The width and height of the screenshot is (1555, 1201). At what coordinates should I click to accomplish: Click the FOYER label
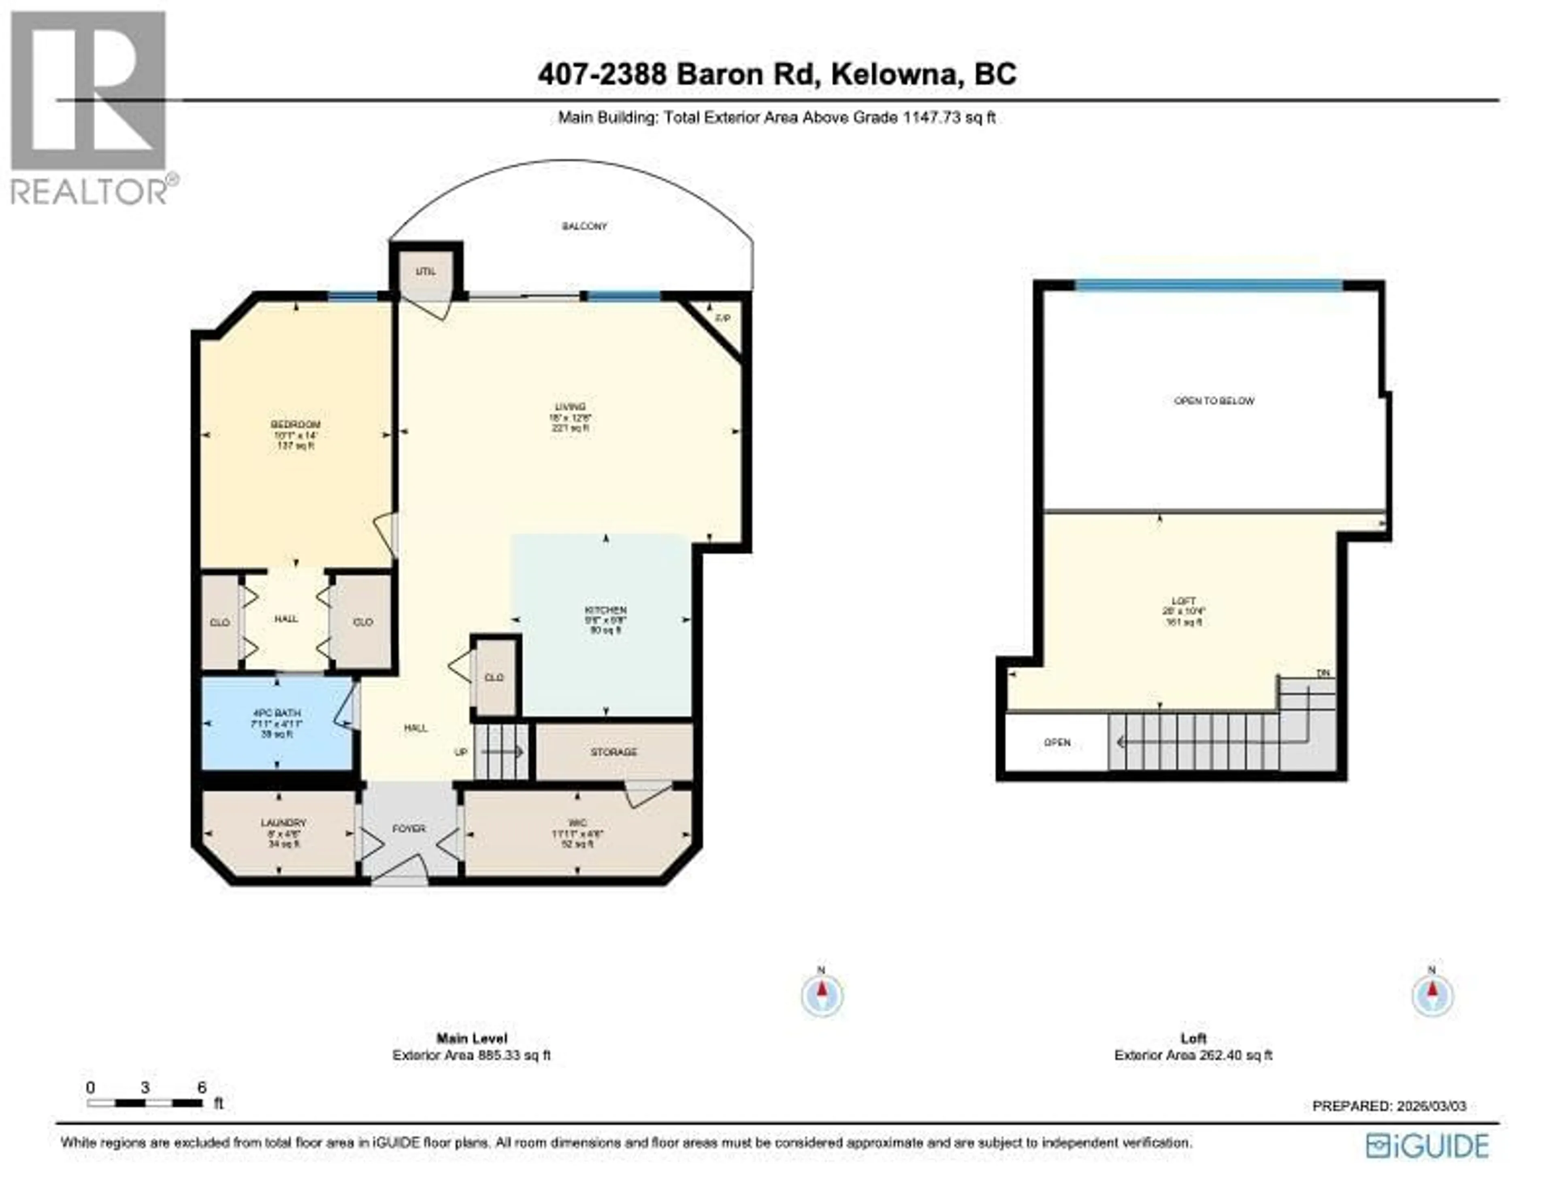[x=409, y=829]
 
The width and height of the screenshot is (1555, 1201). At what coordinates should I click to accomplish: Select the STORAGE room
[x=614, y=752]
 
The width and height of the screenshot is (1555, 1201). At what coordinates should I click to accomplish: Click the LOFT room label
[x=1183, y=601]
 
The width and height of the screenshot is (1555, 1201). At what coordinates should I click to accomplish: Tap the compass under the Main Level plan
[x=822, y=995]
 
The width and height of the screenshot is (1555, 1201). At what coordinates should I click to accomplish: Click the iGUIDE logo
[x=1427, y=1146]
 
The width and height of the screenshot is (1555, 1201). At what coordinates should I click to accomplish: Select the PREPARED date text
[x=1389, y=1106]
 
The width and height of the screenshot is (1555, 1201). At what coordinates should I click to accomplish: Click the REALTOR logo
[x=89, y=107]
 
